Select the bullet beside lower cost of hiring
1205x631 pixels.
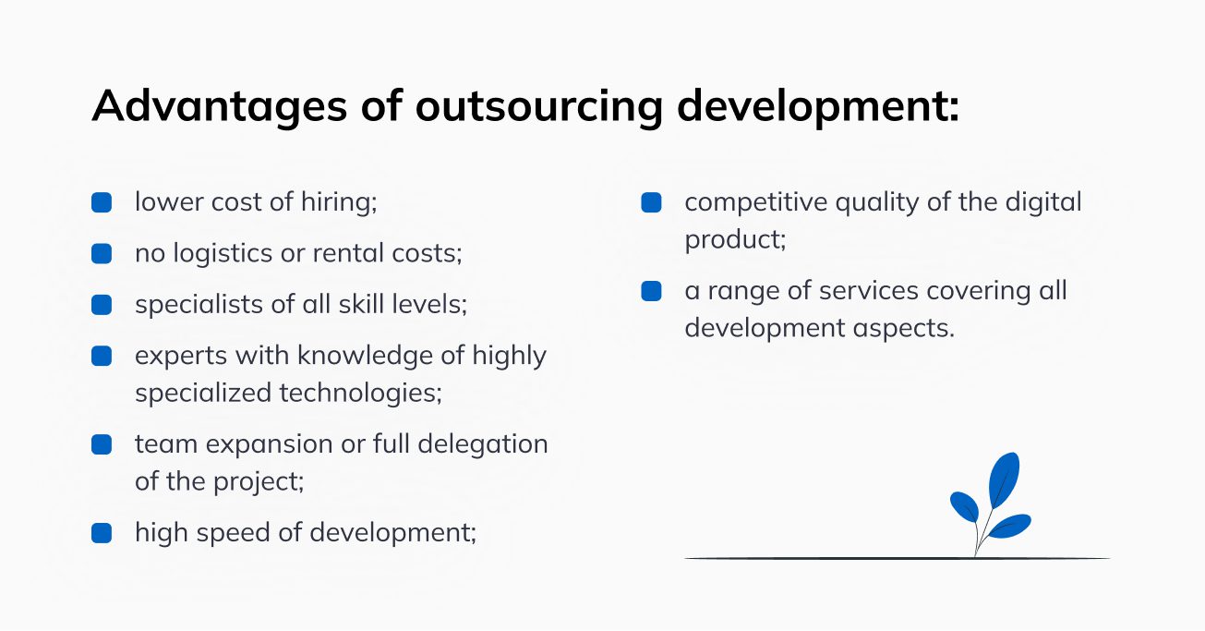(x=102, y=202)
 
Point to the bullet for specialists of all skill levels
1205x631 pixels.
(x=102, y=304)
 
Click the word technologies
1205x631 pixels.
(x=361, y=393)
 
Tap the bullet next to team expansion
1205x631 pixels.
(x=102, y=444)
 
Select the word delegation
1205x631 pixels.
(x=483, y=443)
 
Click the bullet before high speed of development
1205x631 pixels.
(x=102, y=533)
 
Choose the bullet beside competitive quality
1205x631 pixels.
(x=651, y=202)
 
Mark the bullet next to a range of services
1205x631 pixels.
(x=651, y=291)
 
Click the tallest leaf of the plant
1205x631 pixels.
(x=1004, y=479)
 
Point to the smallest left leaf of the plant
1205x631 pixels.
(x=964, y=505)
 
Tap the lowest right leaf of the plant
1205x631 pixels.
(x=1010, y=526)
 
